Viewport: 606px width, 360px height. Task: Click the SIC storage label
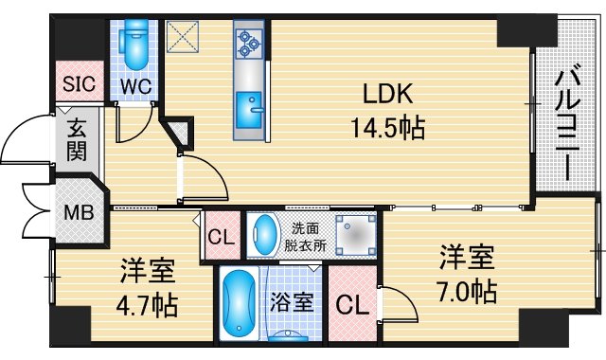coord(80,83)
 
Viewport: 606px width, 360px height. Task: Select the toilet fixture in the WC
coord(134,42)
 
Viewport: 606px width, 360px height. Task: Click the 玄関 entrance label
coord(77,138)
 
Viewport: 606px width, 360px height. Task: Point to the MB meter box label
coord(79,210)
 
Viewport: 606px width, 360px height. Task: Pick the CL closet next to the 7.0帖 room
coord(351,306)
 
